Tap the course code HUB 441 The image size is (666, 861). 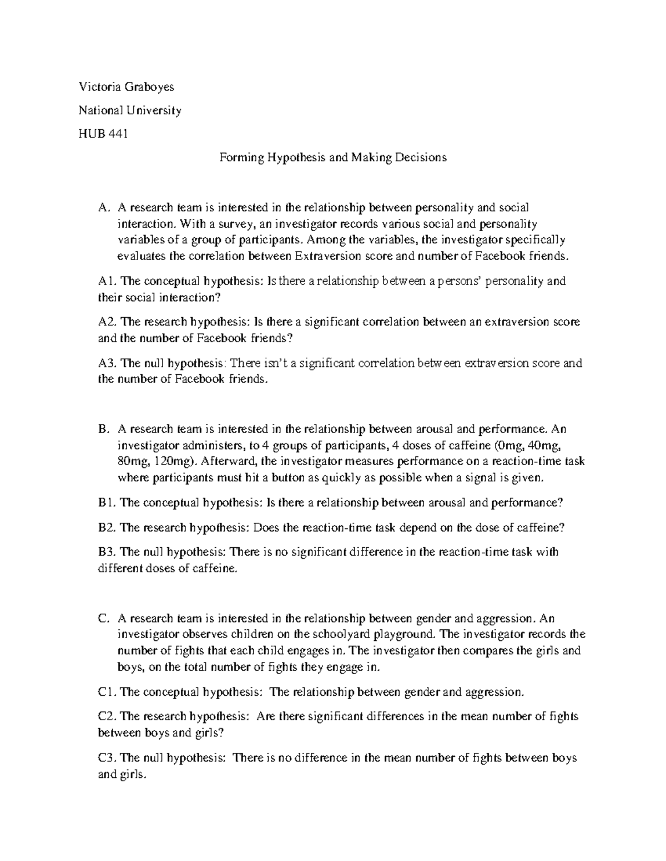(103, 134)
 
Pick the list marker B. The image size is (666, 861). (102, 429)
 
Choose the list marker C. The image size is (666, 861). (102, 618)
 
